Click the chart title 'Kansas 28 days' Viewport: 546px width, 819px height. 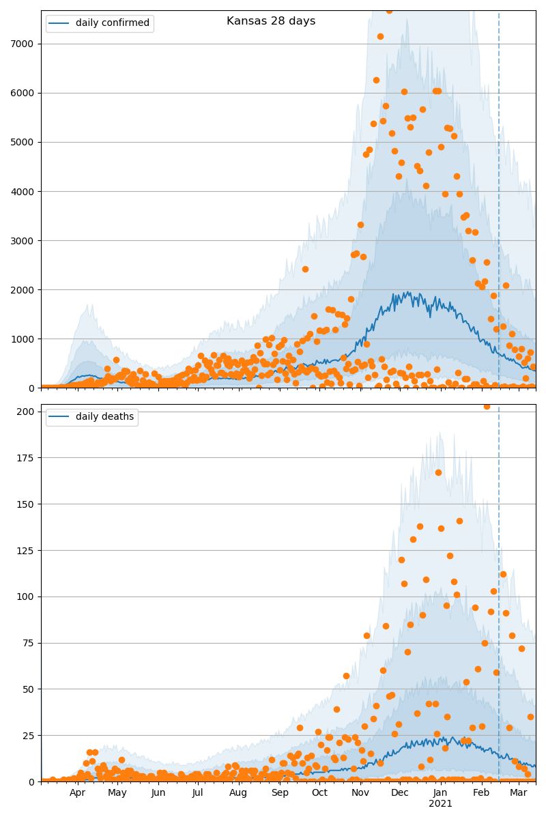click(271, 21)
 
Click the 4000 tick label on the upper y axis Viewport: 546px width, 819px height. click(25, 191)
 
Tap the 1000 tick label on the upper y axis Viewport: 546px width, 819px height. click(25, 339)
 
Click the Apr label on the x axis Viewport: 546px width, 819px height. click(77, 793)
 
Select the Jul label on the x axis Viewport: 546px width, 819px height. click(198, 793)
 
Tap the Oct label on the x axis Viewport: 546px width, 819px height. click(319, 793)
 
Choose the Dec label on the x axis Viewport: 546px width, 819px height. click(400, 793)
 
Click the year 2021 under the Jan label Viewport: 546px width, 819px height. click(440, 804)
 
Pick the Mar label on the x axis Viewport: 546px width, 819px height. click(518, 793)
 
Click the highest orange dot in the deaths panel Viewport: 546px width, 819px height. click(487, 406)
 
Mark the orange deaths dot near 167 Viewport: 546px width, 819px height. click(438, 472)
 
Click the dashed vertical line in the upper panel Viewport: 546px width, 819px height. click(499, 205)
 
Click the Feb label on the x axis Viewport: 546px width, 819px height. click(481, 793)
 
